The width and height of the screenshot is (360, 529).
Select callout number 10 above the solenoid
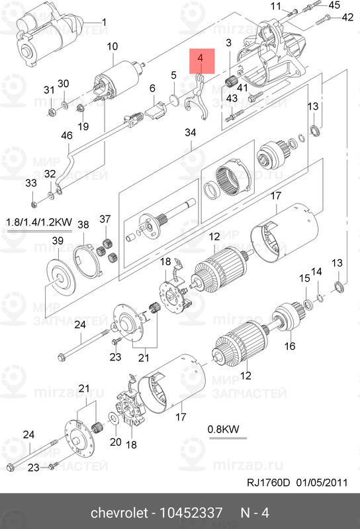click(x=112, y=46)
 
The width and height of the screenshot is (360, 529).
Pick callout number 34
click(x=191, y=133)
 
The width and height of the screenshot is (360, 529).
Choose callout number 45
click(x=334, y=5)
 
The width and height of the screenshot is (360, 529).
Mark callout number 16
click(x=289, y=346)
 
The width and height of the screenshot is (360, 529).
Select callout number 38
click(x=83, y=225)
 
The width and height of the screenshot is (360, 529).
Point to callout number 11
click(x=276, y=6)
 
